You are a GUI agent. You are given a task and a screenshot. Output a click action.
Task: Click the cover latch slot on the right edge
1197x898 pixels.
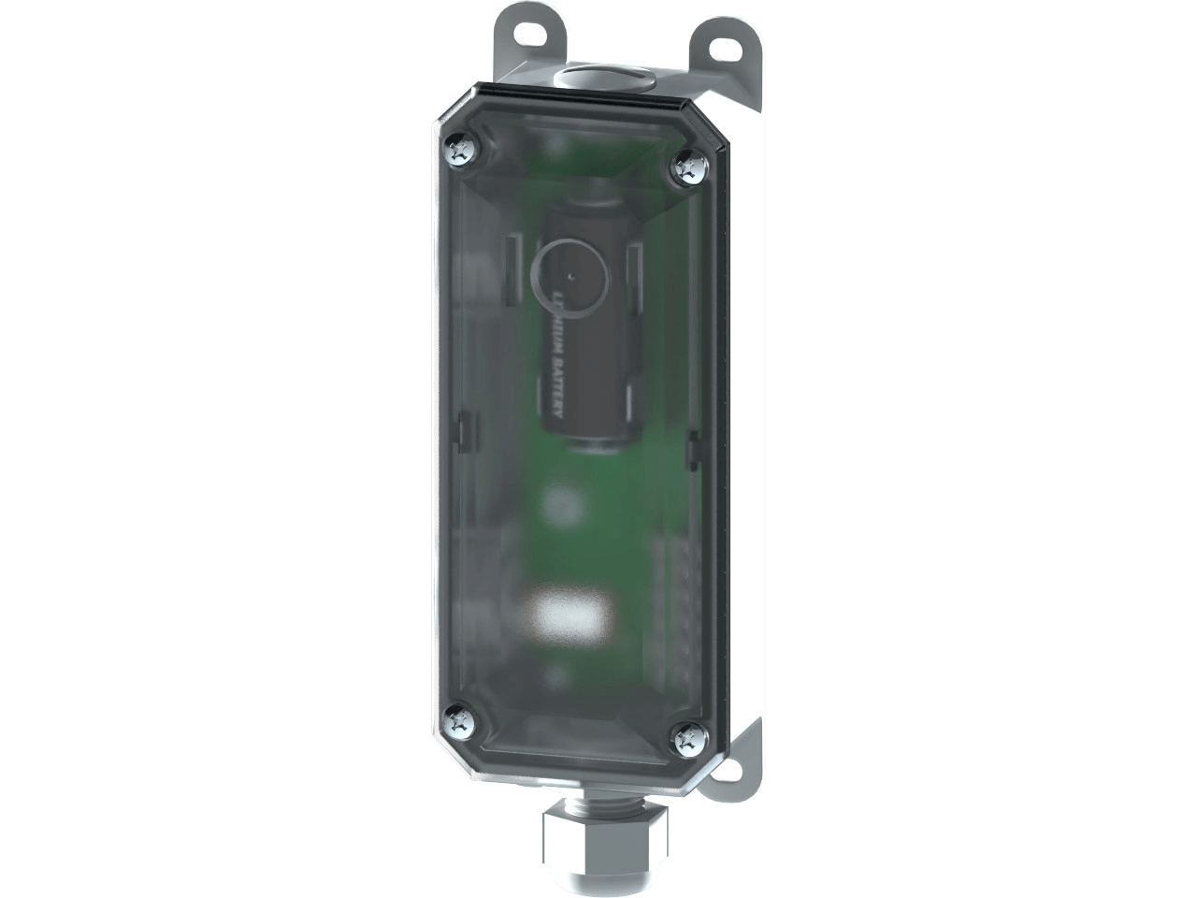(692, 449)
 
